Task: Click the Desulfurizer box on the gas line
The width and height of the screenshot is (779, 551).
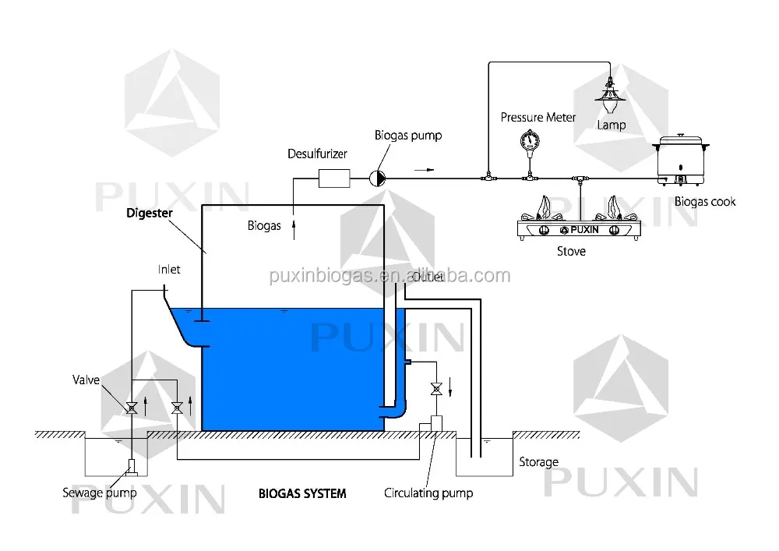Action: tap(334, 178)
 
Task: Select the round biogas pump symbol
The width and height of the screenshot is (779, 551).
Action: tap(377, 178)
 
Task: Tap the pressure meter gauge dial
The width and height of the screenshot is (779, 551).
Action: tap(530, 140)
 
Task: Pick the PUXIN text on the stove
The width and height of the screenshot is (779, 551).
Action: tap(584, 230)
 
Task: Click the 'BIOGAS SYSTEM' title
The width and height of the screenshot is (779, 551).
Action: tap(302, 493)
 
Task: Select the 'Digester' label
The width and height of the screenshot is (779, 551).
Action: tap(150, 213)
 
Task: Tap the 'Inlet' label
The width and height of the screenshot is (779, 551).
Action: tap(169, 270)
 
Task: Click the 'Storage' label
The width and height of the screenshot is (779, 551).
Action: tap(538, 462)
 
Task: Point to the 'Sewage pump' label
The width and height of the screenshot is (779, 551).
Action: tap(100, 493)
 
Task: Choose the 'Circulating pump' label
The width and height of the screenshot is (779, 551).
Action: tap(428, 493)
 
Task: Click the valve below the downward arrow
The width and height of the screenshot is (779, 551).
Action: tap(436, 389)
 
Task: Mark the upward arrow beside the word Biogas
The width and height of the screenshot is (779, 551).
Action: tap(294, 230)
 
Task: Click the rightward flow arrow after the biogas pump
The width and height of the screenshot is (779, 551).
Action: tap(424, 170)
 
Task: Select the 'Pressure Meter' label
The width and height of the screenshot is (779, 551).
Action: tap(538, 117)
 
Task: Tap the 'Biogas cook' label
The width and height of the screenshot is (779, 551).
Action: tap(705, 202)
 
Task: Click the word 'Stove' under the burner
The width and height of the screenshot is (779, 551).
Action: tap(571, 252)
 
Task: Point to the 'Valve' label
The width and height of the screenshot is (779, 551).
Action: tap(86, 380)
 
